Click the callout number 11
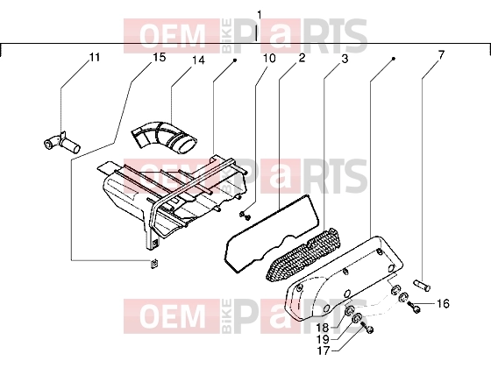pyautogui.click(x=95, y=57)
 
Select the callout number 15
pyautogui.click(x=159, y=57)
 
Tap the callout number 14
pyautogui.click(x=198, y=60)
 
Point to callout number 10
pyautogui.click(x=269, y=58)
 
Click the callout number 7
pyautogui.click(x=441, y=55)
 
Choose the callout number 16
pyautogui.click(x=443, y=303)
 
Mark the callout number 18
pyautogui.click(x=322, y=328)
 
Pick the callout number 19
pyautogui.click(x=323, y=339)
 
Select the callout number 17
pyautogui.click(x=324, y=351)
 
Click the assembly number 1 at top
pyautogui.click(x=259, y=15)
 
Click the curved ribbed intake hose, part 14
pyautogui.click(x=165, y=137)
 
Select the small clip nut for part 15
pyautogui.click(x=153, y=264)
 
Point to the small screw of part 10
pyautogui.click(x=245, y=215)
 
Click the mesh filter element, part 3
pyautogui.click(x=302, y=253)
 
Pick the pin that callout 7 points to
pyautogui.click(x=422, y=285)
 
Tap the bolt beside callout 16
pyautogui.click(x=413, y=307)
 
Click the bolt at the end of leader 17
pyautogui.click(x=367, y=328)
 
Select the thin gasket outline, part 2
pyautogui.click(x=272, y=233)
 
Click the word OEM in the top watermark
pyautogui.click(x=172, y=36)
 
